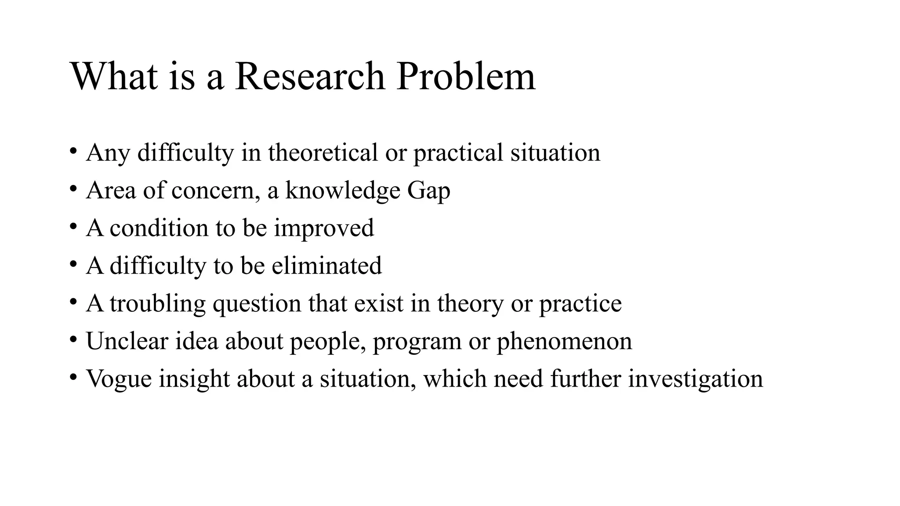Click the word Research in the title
click(309, 76)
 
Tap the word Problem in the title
click(465, 76)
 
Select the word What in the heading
click(114, 76)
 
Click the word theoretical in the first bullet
click(323, 153)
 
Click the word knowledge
click(343, 191)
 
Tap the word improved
click(324, 228)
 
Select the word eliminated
click(327, 266)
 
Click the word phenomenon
click(564, 342)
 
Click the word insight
click(194, 379)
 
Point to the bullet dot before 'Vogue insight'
click(73, 377)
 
